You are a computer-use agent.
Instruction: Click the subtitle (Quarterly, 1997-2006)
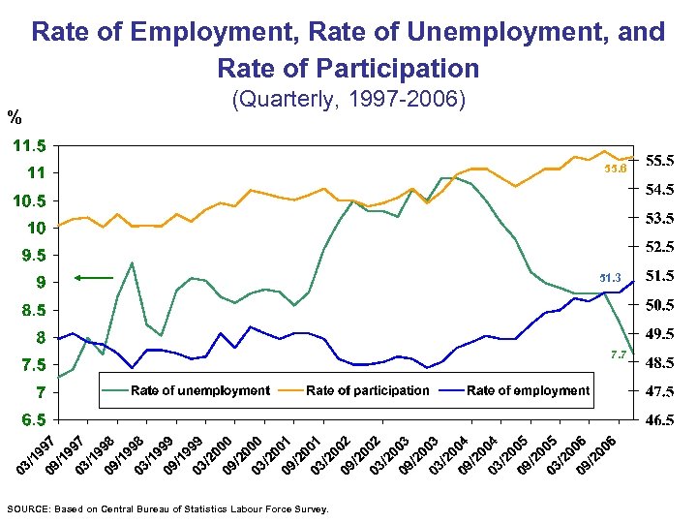pyautogui.click(x=348, y=100)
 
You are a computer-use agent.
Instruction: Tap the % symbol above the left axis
pyautogui.click(x=15, y=118)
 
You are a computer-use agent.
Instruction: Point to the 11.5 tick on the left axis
pyautogui.click(x=29, y=145)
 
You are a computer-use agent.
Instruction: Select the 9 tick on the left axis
pyautogui.click(x=40, y=283)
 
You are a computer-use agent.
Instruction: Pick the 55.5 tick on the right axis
pyautogui.click(x=661, y=160)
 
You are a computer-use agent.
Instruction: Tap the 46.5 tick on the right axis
pyautogui.click(x=661, y=421)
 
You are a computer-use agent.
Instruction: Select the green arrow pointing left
pyautogui.click(x=94, y=279)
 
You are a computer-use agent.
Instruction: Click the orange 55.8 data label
pyautogui.click(x=616, y=169)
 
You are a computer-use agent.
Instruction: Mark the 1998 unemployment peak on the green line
pyautogui.click(x=132, y=262)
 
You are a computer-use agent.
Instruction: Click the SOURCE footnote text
pyautogui.click(x=167, y=508)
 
